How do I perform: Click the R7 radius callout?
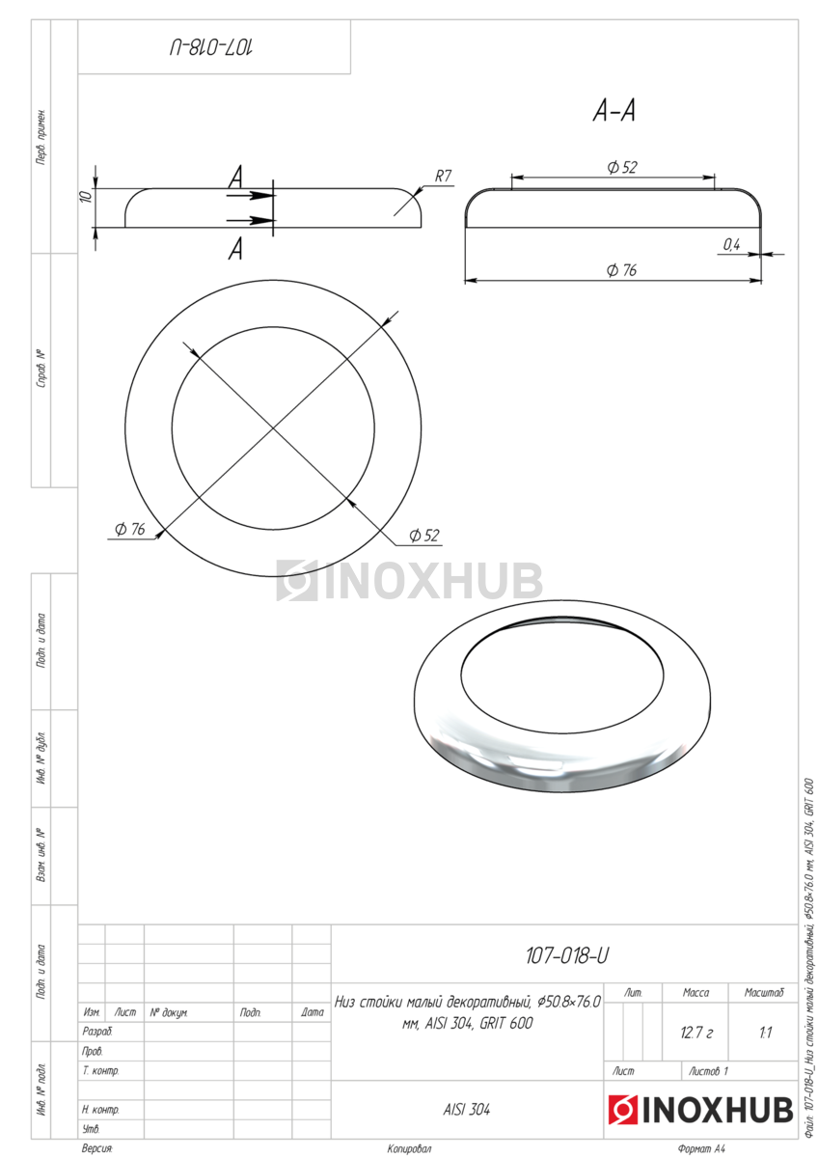[443, 177]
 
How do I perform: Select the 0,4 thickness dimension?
[731, 244]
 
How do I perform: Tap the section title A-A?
[613, 111]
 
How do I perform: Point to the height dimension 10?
[86, 195]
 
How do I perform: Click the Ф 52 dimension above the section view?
[622, 167]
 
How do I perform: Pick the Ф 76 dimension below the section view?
[621, 269]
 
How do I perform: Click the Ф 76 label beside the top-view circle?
[129, 529]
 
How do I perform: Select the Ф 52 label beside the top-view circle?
[424, 535]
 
